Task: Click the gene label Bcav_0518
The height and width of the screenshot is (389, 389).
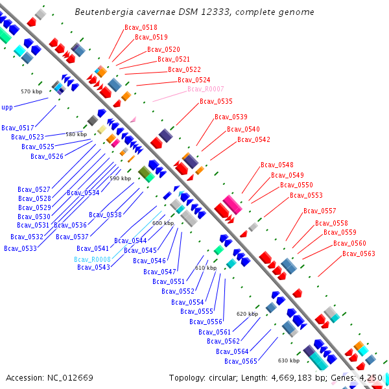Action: click(x=141, y=27)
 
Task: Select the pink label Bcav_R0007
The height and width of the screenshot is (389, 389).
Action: click(x=206, y=89)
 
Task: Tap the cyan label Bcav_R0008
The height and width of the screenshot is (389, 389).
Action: click(x=92, y=259)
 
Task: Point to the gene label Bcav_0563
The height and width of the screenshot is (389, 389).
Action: click(x=359, y=253)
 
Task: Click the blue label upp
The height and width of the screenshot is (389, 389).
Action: click(x=7, y=107)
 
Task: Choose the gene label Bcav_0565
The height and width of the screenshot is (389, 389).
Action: click(x=241, y=361)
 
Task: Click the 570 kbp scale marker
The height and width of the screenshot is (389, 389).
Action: click(x=31, y=91)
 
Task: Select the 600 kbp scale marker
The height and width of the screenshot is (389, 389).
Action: click(x=163, y=223)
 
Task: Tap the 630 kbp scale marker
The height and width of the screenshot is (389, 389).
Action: click(x=289, y=360)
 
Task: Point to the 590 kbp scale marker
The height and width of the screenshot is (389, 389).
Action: click(x=120, y=178)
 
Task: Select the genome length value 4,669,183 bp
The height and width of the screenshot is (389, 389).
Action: click(x=311, y=377)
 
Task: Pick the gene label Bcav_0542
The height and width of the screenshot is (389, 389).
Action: click(x=253, y=139)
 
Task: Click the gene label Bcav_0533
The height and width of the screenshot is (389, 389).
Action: click(x=20, y=248)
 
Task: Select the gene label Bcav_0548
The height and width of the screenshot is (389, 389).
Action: click(x=277, y=165)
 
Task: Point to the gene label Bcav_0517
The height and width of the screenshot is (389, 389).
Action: click(x=18, y=128)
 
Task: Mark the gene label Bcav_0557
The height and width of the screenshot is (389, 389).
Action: click(x=320, y=211)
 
